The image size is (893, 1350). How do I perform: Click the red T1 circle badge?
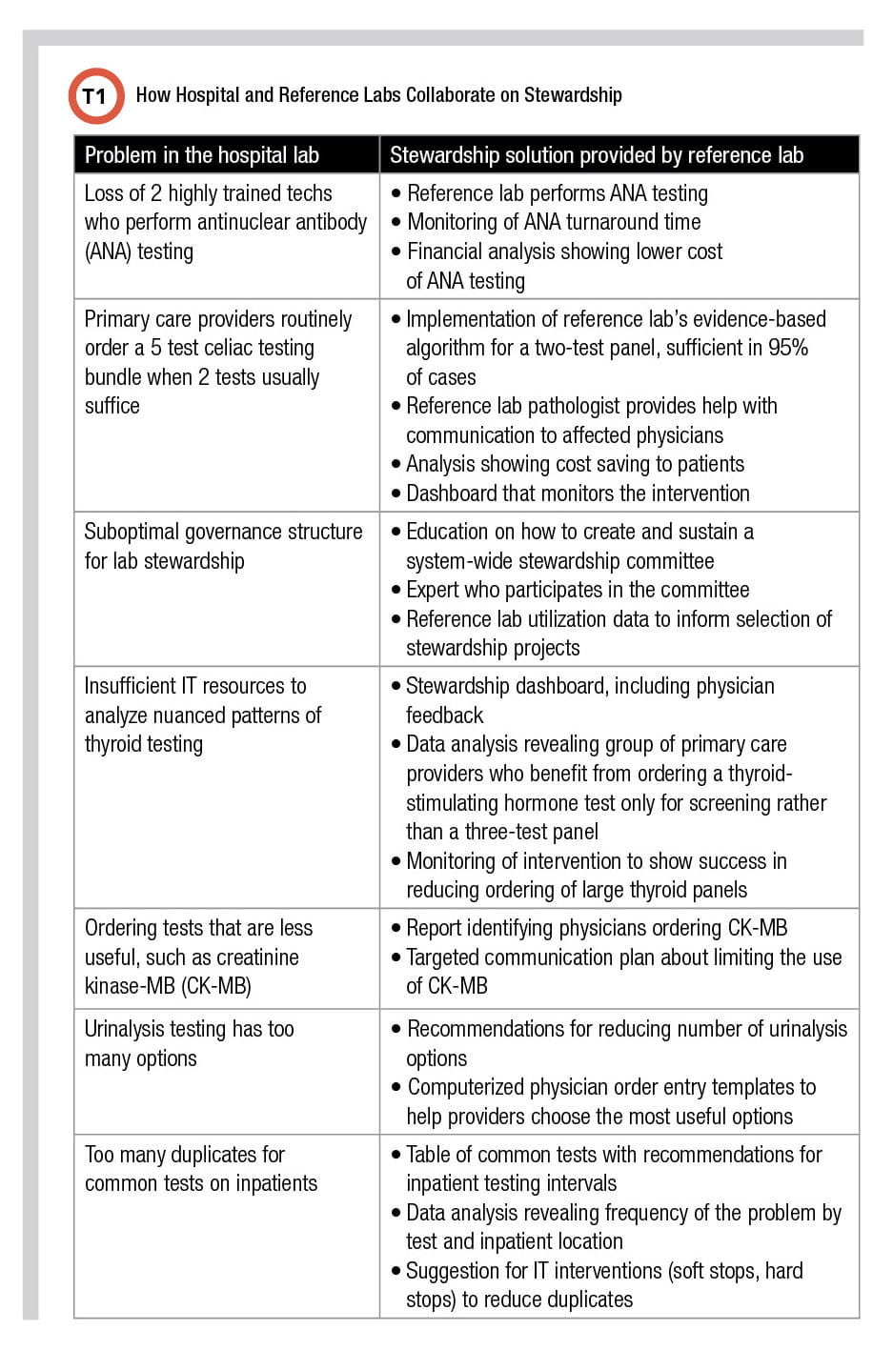(95, 96)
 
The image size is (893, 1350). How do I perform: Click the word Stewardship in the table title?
(572, 95)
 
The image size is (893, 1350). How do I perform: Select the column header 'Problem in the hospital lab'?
(201, 155)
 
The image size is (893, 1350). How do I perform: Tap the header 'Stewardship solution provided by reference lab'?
(597, 155)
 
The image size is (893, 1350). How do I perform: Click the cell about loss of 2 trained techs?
(225, 222)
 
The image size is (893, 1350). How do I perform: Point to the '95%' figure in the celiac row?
(788, 348)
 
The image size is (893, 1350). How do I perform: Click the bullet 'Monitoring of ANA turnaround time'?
(553, 222)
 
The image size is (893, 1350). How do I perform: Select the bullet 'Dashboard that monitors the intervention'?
(577, 494)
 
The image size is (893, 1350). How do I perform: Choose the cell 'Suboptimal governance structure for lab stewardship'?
(223, 546)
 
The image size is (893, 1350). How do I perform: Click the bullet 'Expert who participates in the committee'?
(577, 590)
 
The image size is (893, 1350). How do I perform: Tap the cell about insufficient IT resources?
(202, 715)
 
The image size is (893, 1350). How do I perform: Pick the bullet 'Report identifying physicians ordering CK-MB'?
(596, 928)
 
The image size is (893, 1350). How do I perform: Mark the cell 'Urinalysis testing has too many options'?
(189, 1043)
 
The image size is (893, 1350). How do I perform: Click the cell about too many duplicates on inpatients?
(200, 1169)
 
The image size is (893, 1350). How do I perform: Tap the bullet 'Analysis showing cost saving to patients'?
(575, 464)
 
